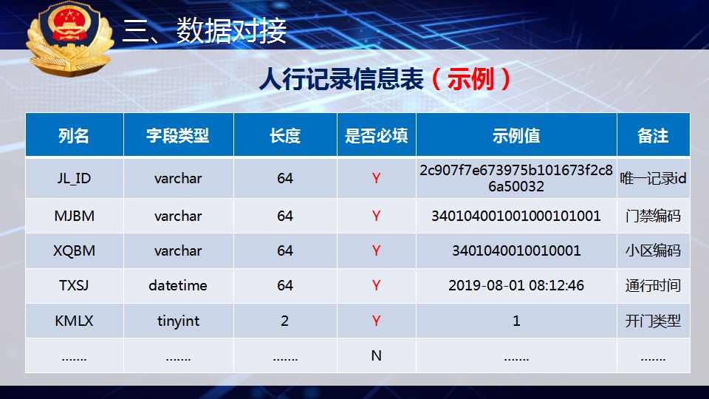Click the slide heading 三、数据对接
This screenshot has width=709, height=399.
[205, 31]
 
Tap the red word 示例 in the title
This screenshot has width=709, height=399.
[470, 79]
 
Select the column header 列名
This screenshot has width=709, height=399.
[74, 136]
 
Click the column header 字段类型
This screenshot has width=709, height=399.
[178, 136]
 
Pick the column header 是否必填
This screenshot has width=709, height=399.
[376, 136]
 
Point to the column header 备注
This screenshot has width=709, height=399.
[653, 136]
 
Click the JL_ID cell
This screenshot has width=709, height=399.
[74, 179]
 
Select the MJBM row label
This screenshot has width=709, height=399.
[74, 216]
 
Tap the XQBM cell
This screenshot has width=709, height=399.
[74, 250]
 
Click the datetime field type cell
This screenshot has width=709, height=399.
[178, 285]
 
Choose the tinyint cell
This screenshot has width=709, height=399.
[178, 321]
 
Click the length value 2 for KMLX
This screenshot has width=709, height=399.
[284, 321]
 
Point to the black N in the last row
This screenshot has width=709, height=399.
[376, 356]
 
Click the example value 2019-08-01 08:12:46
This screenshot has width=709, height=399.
[516, 285]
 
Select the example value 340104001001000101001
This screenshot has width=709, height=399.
[516, 216]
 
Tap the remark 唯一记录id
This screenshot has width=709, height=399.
[653, 179]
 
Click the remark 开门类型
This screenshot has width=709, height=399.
[653, 321]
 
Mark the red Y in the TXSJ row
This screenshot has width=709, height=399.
[376, 285]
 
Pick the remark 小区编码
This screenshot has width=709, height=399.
[653, 250]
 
